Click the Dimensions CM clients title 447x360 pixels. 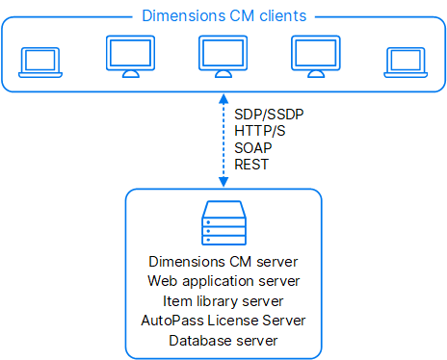coord(223,15)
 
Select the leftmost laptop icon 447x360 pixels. coord(39,62)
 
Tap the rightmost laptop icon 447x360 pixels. coord(404,62)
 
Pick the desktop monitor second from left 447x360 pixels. coord(130,59)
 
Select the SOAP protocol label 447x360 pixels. coord(252,148)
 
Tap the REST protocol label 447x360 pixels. coord(250,166)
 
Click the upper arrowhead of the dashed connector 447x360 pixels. coord(223,98)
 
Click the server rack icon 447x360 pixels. coord(223,224)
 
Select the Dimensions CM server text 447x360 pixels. coord(223,262)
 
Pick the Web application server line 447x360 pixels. coord(223,281)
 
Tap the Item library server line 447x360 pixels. coord(223,300)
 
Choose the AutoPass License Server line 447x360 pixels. coord(223,320)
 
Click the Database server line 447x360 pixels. coord(223,340)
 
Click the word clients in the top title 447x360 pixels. coord(279,15)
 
